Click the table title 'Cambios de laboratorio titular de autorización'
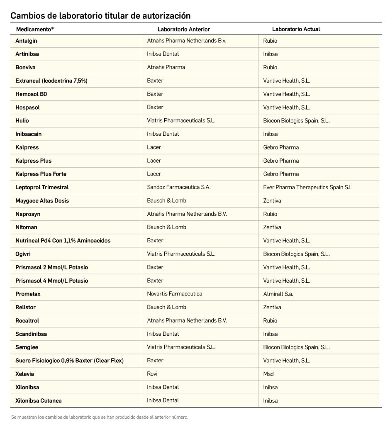100,16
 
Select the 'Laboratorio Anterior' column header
183,29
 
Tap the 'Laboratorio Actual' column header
296,29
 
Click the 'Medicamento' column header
35,29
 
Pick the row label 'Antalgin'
26,41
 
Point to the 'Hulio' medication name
22,121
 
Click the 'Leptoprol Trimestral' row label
42,187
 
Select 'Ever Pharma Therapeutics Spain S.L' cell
307,187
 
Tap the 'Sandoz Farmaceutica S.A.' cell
179,187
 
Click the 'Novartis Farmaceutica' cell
175,294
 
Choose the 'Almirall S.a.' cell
278,294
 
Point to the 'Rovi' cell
152,374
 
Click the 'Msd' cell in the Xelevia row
268,374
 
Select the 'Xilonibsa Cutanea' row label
39,401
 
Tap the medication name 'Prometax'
28,294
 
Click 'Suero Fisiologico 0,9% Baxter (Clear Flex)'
69,361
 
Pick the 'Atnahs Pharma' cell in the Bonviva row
166,67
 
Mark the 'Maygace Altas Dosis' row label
42,200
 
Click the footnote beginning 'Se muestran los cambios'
100,417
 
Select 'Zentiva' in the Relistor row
272,307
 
